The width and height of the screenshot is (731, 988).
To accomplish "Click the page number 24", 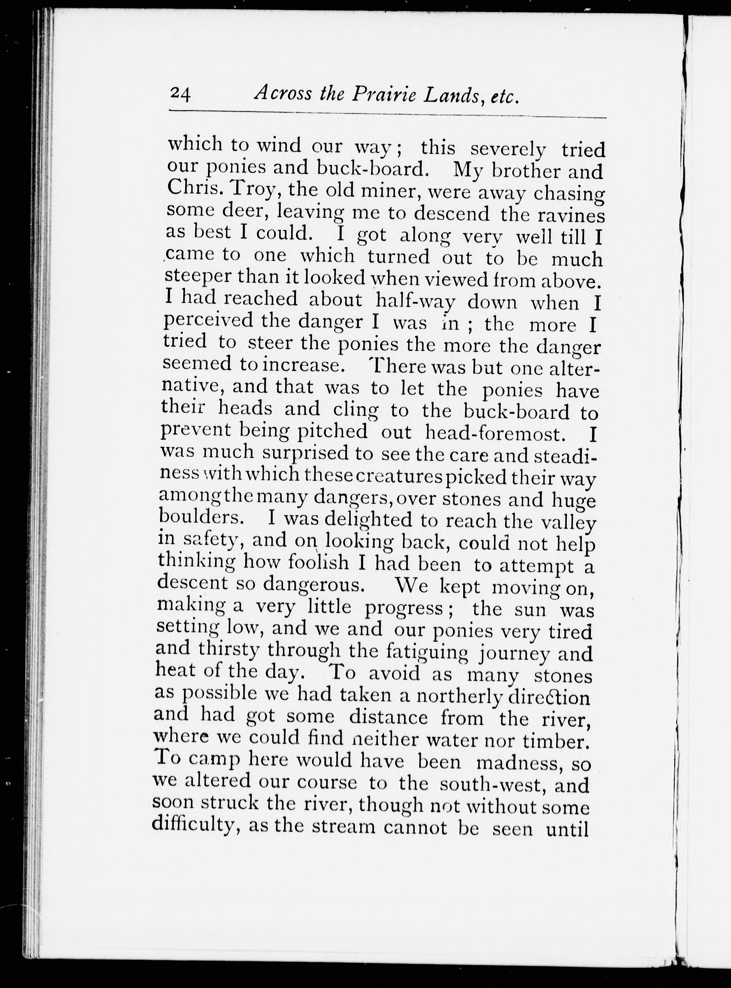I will (180, 94).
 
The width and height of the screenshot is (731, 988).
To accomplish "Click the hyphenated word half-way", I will (415, 301).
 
